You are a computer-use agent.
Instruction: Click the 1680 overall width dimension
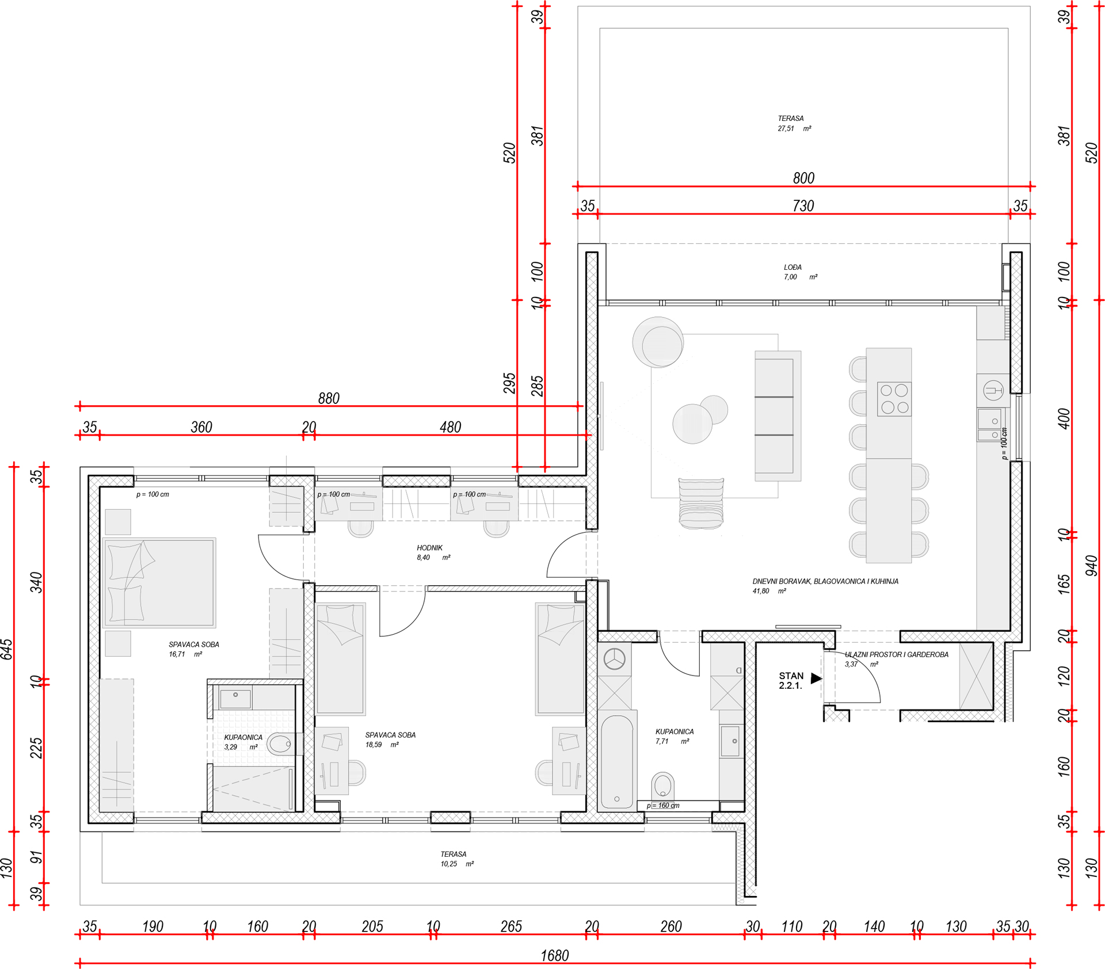click(x=554, y=956)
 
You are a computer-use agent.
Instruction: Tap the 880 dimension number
click(x=329, y=398)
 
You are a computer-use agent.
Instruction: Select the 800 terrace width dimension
click(x=803, y=178)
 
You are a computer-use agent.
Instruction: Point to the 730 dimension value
click(x=803, y=206)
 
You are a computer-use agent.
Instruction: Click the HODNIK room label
click(x=429, y=548)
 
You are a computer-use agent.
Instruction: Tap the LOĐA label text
click(x=792, y=267)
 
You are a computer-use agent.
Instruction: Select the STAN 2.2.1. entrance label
click(x=791, y=681)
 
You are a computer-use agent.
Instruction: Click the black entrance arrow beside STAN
click(x=816, y=678)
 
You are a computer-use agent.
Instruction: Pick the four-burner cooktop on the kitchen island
click(x=894, y=399)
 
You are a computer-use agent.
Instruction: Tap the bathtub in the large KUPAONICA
click(x=617, y=761)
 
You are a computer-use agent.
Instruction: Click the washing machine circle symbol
click(x=615, y=659)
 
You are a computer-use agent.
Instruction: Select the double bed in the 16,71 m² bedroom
click(x=159, y=582)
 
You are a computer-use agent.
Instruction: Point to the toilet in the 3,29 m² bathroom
click(x=280, y=743)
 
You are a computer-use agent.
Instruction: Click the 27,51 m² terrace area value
click(x=794, y=129)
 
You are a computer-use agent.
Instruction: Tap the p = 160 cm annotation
click(x=662, y=806)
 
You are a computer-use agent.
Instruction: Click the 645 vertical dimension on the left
click(x=6, y=649)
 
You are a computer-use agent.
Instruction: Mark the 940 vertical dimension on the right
click(x=1091, y=566)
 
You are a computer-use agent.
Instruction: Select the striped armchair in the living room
click(x=701, y=503)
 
